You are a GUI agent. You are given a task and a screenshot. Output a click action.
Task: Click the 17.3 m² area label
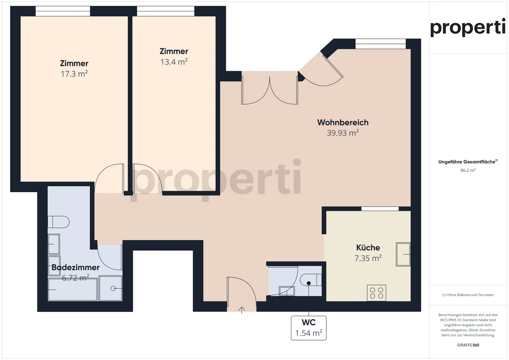(x=74, y=74)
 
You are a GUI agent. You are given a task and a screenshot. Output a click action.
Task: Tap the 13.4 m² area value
(x=174, y=62)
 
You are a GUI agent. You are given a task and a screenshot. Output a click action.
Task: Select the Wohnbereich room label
(x=343, y=122)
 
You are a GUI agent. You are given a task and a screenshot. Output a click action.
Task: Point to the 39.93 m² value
(x=343, y=133)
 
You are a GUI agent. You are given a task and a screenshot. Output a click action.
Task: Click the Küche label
(x=368, y=247)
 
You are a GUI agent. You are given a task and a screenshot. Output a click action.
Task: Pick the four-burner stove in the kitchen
(x=376, y=293)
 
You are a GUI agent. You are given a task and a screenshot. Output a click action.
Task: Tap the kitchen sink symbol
(x=403, y=254)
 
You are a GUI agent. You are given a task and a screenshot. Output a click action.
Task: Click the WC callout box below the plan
(x=309, y=328)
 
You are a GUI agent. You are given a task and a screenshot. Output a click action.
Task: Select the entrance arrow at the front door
(x=242, y=310)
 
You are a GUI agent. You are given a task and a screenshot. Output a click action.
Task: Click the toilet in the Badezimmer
(x=59, y=222)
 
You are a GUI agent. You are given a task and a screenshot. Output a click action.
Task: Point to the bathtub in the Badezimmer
(x=72, y=290)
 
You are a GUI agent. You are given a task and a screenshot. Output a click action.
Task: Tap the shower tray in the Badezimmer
(x=111, y=288)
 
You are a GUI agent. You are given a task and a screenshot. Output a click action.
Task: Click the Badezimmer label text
(x=76, y=267)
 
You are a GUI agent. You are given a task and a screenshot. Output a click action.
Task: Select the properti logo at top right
(x=468, y=27)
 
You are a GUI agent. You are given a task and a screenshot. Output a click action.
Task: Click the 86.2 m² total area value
(x=468, y=170)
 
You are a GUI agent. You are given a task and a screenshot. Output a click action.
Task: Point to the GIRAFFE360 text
(x=468, y=345)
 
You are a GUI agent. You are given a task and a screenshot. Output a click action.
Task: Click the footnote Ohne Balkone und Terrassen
(x=468, y=295)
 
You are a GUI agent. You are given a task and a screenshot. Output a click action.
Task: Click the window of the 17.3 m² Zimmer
(x=63, y=11)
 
